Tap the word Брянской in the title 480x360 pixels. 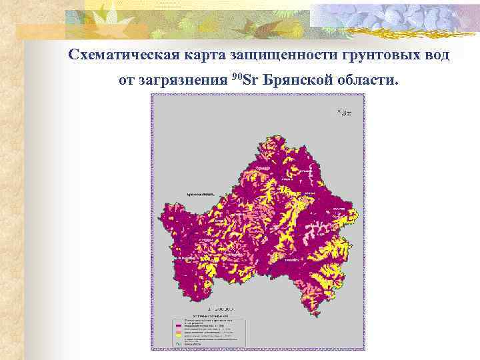coord(298,81)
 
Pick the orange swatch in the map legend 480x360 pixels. coord(178,329)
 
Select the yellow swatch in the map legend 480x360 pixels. coord(178,334)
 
